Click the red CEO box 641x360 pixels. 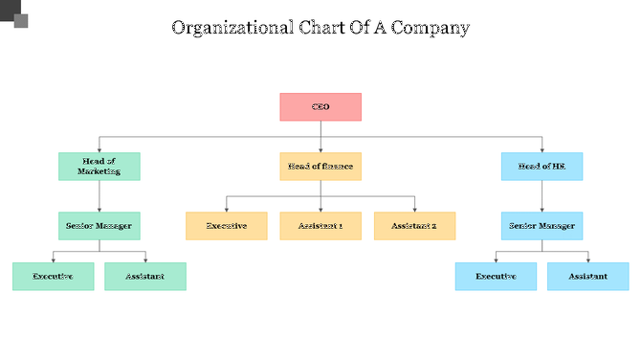coord(320,107)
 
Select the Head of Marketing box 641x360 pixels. coord(99,167)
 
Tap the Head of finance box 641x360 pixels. coord(320,167)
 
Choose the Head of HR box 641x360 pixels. coord(542,167)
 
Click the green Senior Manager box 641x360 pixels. coord(99,226)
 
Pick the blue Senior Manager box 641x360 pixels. coord(542,226)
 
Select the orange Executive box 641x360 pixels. coord(227,226)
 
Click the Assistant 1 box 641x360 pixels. coord(320,226)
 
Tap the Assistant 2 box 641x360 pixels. coord(414,226)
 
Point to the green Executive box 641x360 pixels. coord(54,277)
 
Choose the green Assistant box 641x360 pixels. coord(145,277)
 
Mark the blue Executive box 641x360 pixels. coord(496,277)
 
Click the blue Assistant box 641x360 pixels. coord(587,277)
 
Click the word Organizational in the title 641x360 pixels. coord(229,28)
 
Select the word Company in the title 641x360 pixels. coord(430,28)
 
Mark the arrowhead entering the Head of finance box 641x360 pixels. coord(320,149)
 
